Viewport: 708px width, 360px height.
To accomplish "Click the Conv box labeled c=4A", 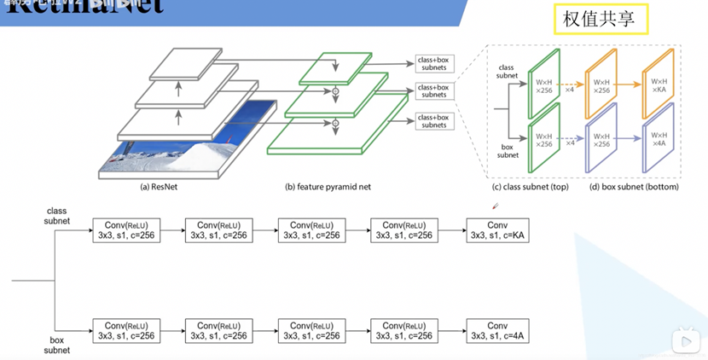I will [x=497, y=331].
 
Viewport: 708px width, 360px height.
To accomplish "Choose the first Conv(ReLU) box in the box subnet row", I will [x=127, y=331].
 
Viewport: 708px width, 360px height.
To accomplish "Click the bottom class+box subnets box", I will [x=433, y=120].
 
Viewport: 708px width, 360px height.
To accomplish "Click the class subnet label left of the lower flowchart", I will [x=55, y=216].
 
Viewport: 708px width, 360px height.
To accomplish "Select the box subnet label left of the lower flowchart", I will [x=56, y=345].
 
